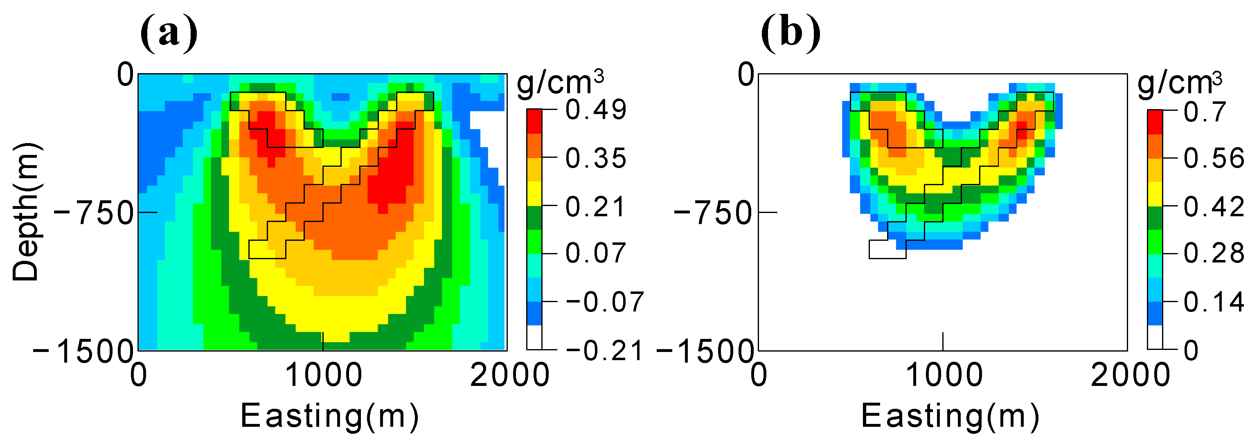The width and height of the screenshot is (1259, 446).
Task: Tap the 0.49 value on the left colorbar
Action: coord(595,110)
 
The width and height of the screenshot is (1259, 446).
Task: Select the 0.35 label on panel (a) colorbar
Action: coord(595,158)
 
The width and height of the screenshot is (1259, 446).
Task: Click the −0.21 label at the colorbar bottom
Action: coord(604,350)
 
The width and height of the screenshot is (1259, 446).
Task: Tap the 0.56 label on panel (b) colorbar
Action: coord(1214,158)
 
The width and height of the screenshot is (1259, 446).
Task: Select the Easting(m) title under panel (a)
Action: coord(329,416)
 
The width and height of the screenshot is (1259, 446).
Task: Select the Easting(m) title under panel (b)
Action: coord(950,416)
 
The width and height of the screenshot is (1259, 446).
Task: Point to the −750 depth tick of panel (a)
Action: coord(93,213)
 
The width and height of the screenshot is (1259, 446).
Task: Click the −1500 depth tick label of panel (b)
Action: coord(704,351)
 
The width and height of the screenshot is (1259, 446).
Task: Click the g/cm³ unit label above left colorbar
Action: coord(560,82)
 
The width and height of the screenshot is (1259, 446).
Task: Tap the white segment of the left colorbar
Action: coord(534,337)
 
